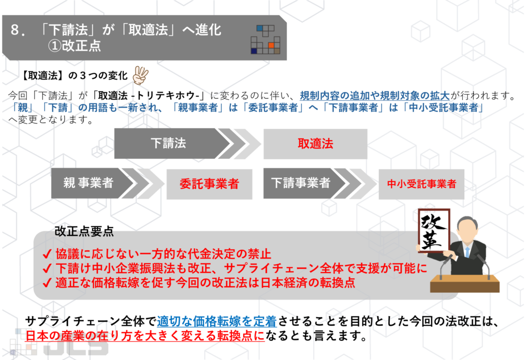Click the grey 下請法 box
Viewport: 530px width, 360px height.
pos(168,143)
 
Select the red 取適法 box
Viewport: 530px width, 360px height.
pos(315,144)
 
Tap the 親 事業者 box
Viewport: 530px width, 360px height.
pos(89,183)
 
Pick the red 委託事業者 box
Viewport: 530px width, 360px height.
pos(209,184)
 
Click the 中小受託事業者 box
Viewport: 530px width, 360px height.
pos(422,184)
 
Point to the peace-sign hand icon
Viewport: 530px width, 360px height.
pos(140,76)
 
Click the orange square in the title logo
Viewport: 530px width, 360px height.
pos(271,46)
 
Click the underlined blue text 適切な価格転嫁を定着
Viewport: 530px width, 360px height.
pos(216,322)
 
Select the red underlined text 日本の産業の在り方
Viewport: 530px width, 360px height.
pos(145,336)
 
